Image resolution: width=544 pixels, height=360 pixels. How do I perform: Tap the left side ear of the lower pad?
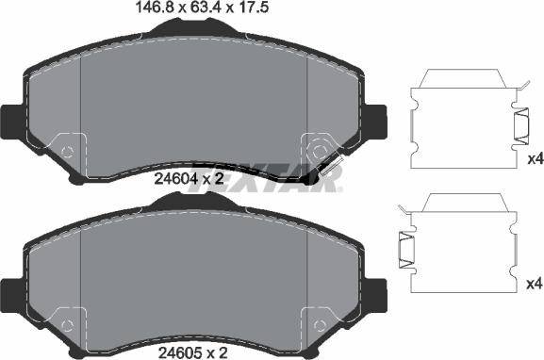[9, 293]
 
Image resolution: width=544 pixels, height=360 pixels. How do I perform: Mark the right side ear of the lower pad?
[378, 293]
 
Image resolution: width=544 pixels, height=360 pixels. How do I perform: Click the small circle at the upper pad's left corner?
[67, 151]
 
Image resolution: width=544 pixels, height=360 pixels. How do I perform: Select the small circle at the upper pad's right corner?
[319, 151]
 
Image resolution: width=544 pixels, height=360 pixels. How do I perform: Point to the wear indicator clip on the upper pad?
[329, 169]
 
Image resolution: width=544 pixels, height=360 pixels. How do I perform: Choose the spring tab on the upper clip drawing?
[520, 124]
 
